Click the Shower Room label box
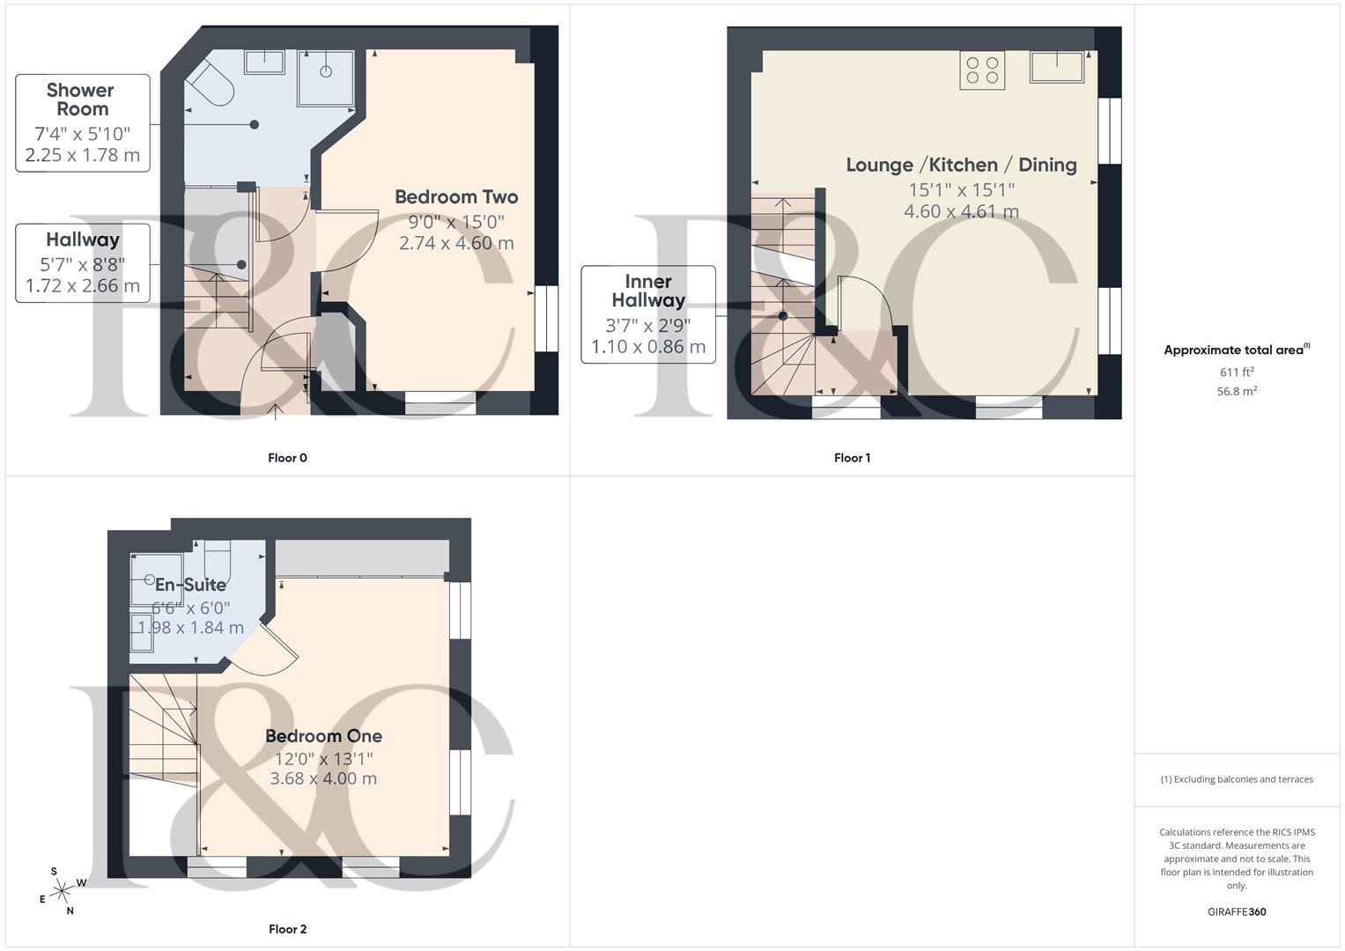click(x=83, y=122)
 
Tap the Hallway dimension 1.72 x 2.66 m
click(x=83, y=286)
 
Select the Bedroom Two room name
click(x=456, y=197)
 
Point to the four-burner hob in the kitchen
click(x=982, y=70)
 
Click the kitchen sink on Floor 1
click(x=1056, y=67)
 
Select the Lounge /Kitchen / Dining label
click(x=961, y=165)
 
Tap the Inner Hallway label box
click(x=648, y=313)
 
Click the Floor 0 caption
click(x=287, y=458)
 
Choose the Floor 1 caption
click(x=852, y=458)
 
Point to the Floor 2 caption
click(x=287, y=929)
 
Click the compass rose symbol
click(x=62, y=892)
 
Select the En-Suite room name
click(x=191, y=585)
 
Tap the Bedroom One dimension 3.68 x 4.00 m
click(x=323, y=778)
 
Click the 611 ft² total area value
click(x=1237, y=372)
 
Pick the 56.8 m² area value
click(x=1237, y=391)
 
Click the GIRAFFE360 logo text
click(x=1237, y=911)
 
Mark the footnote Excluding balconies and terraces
click(x=1237, y=779)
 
